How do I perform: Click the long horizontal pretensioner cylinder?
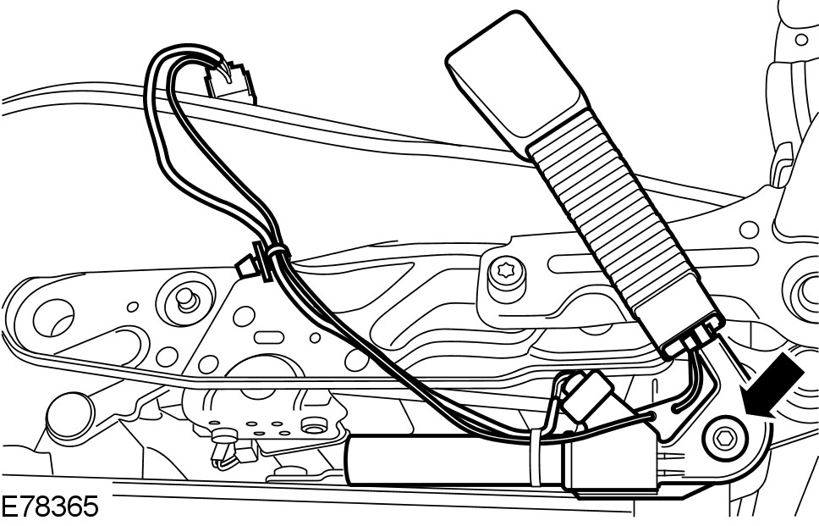[440, 462]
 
